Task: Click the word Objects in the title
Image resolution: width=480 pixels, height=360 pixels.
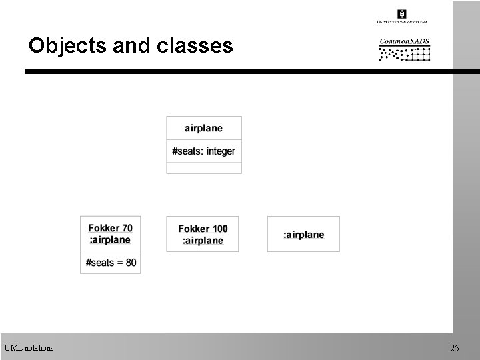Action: [x=63, y=45]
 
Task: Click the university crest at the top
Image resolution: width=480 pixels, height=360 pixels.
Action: [x=402, y=14]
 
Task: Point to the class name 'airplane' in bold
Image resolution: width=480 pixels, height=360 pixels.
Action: [x=204, y=128]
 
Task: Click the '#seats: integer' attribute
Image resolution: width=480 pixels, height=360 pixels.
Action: [x=203, y=151]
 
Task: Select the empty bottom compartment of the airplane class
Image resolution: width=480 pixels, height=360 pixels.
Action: [x=203, y=168]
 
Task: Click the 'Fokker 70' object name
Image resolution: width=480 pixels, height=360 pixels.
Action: [x=111, y=228]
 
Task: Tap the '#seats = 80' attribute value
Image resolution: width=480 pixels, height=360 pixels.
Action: [x=111, y=263]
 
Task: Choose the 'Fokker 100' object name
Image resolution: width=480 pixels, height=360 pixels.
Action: [x=203, y=229]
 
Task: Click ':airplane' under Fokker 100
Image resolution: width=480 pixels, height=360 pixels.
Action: [x=203, y=240]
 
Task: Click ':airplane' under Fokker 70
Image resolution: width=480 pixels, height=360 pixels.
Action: [x=111, y=239]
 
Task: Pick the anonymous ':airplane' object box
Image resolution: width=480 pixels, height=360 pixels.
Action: [x=303, y=234]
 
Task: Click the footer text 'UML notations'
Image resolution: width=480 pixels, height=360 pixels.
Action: [x=29, y=347]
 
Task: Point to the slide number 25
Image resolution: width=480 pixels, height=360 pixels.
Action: [x=455, y=347]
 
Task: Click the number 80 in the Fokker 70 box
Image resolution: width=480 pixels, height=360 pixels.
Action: [x=130, y=263]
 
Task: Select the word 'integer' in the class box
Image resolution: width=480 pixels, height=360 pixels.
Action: [x=221, y=151]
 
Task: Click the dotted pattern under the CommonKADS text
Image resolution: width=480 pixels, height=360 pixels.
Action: [x=405, y=54]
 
